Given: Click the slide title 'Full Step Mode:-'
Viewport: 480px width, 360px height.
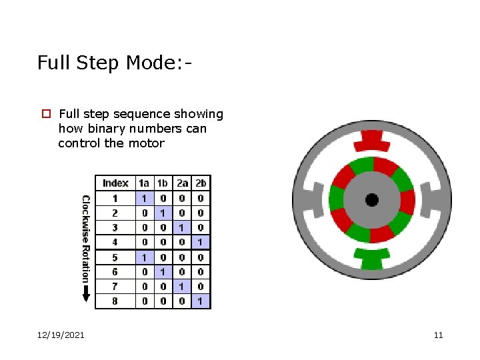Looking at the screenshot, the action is [115, 63].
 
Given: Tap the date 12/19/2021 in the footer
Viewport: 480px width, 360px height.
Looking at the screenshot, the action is [61, 335].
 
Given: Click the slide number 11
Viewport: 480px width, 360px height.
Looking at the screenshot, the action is [438, 335].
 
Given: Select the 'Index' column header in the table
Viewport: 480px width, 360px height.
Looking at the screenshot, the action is [115, 183].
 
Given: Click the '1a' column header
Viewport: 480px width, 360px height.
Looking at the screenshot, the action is [144, 183].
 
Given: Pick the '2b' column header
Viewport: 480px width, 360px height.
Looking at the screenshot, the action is [201, 183].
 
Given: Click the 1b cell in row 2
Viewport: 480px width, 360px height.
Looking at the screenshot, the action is [162, 213].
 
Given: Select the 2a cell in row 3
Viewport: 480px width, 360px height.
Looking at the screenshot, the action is [181, 227].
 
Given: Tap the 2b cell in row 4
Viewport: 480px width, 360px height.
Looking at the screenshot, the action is [201, 242].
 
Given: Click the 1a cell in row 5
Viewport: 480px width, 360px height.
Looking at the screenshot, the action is [144, 257].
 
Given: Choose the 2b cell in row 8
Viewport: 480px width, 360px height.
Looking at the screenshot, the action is [201, 301].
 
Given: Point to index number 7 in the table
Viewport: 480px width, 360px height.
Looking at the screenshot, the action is [115, 287].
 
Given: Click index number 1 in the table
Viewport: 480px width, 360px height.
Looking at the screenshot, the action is [115, 198].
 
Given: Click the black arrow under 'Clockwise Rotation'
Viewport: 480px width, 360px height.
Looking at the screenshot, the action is [86, 293].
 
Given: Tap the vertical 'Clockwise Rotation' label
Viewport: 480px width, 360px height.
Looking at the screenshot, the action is [86, 237].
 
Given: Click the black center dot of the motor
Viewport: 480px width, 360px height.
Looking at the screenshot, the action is [372, 200].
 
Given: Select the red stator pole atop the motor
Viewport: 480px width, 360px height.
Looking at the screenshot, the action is [372, 141].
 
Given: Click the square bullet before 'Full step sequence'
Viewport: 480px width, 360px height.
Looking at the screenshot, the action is [46, 114].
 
